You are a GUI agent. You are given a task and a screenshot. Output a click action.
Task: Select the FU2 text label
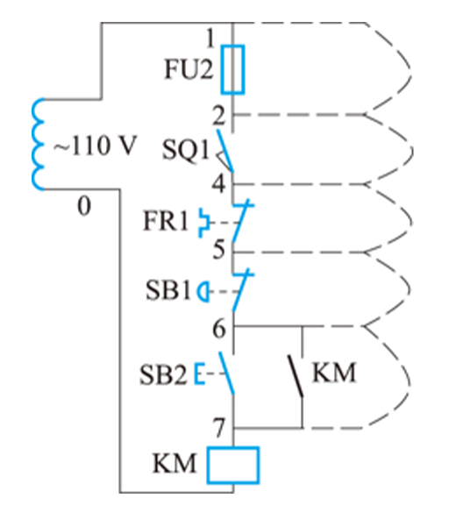pos(189,69)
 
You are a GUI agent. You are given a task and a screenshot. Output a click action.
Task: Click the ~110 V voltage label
pos(96,146)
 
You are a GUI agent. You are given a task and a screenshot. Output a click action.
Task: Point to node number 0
pos(84,206)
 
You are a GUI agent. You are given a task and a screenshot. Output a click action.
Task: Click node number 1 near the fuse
pos(210,39)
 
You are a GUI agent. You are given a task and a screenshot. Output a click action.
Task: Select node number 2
pos(219,116)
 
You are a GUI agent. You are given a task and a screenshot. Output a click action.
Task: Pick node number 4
pos(218,184)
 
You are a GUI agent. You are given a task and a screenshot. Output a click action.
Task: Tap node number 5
pos(219,250)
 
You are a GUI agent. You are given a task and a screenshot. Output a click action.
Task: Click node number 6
pos(219,329)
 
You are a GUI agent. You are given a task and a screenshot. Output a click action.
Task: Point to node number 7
pos(219,428)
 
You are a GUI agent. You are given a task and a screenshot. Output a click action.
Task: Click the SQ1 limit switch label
pos(186,150)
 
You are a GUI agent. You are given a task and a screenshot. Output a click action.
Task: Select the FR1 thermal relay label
pos(166,221)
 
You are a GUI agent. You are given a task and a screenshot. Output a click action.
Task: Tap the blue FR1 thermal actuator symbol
pos(204,223)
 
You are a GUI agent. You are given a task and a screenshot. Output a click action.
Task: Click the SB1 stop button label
pos(168,290)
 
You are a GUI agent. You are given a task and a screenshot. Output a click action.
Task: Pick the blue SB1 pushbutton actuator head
pos(203,292)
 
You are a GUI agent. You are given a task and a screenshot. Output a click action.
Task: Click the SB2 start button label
pos(163,374)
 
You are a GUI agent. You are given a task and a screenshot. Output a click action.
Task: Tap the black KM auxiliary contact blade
pos(296,376)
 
